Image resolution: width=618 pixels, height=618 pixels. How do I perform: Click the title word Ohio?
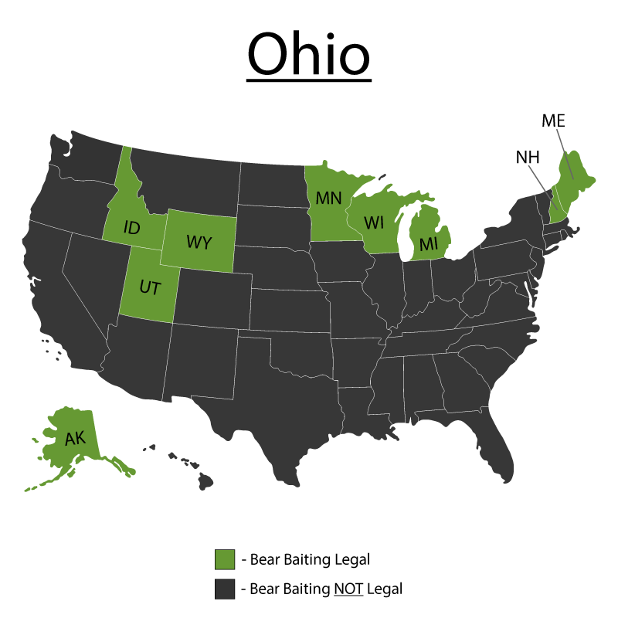[309, 54]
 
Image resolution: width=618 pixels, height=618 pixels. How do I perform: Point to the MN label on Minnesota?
[328, 198]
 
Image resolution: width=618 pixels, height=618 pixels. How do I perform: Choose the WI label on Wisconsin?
[375, 223]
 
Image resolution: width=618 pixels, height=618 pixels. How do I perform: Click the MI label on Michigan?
[429, 244]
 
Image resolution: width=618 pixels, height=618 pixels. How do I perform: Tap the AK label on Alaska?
[75, 439]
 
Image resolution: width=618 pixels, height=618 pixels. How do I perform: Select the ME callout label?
[553, 121]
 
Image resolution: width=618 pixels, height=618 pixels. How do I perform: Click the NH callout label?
[527, 158]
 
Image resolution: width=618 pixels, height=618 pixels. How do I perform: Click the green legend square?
[225, 559]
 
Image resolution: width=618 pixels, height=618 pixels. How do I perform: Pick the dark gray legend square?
[225, 589]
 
